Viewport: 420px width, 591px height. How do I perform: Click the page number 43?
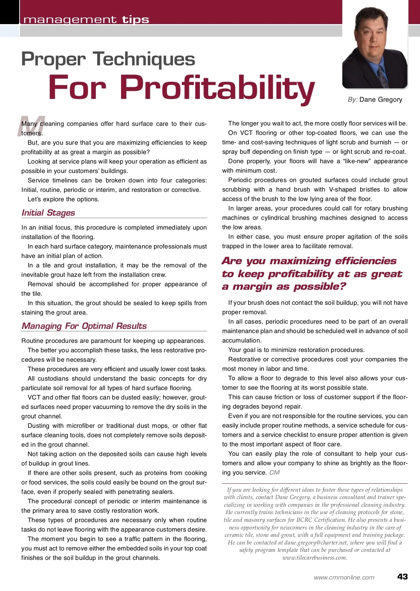click(x=402, y=577)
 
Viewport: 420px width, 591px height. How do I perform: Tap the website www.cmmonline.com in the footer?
click(x=344, y=577)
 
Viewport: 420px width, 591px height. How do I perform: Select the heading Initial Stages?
click(x=48, y=213)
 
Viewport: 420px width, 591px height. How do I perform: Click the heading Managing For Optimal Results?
click(x=84, y=326)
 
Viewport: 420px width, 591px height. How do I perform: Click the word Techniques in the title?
click(x=144, y=59)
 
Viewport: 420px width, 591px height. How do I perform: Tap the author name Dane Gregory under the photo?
click(x=381, y=100)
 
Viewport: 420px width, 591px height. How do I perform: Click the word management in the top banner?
click(x=70, y=20)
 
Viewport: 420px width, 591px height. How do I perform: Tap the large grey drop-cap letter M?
click(x=31, y=127)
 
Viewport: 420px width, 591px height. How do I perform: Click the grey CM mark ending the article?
click(x=275, y=473)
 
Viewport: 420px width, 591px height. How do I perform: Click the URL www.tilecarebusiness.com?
click(x=315, y=558)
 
